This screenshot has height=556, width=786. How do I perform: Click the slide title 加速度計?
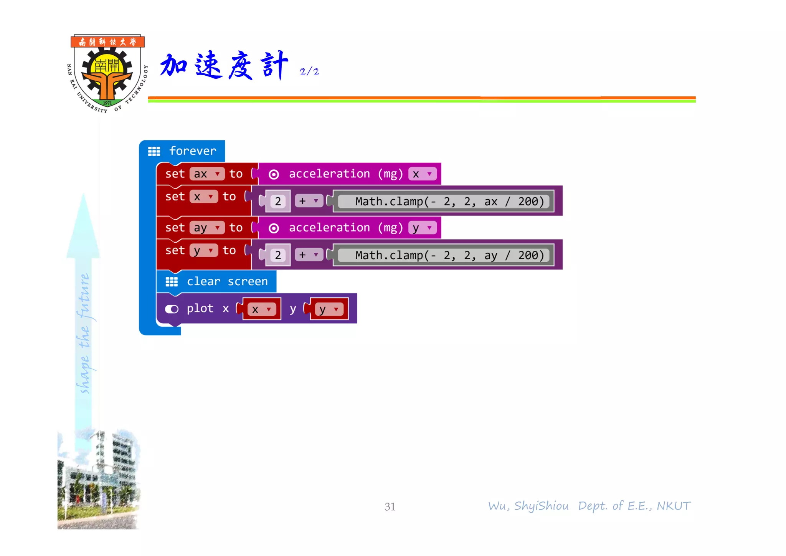point(224,65)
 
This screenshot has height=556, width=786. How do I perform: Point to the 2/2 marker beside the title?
point(309,72)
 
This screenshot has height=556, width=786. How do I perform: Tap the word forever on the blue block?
point(193,151)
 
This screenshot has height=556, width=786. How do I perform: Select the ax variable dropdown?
point(207,174)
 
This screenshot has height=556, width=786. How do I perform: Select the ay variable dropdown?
point(207,228)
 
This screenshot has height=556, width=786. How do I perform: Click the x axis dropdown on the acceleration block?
point(422,174)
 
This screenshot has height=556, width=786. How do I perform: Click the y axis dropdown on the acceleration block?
point(422,228)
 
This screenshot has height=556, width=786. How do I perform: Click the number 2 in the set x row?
point(278,201)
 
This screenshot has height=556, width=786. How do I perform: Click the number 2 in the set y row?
point(278,255)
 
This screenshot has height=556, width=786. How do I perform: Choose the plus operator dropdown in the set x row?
point(309,201)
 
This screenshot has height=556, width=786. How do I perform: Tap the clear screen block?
point(217,281)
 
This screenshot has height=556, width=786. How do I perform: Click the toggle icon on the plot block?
point(172,309)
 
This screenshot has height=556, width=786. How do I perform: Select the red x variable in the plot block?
point(261,309)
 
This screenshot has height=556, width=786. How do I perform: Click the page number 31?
point(390,507)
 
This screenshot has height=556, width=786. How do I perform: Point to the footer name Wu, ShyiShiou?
point(528,506)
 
